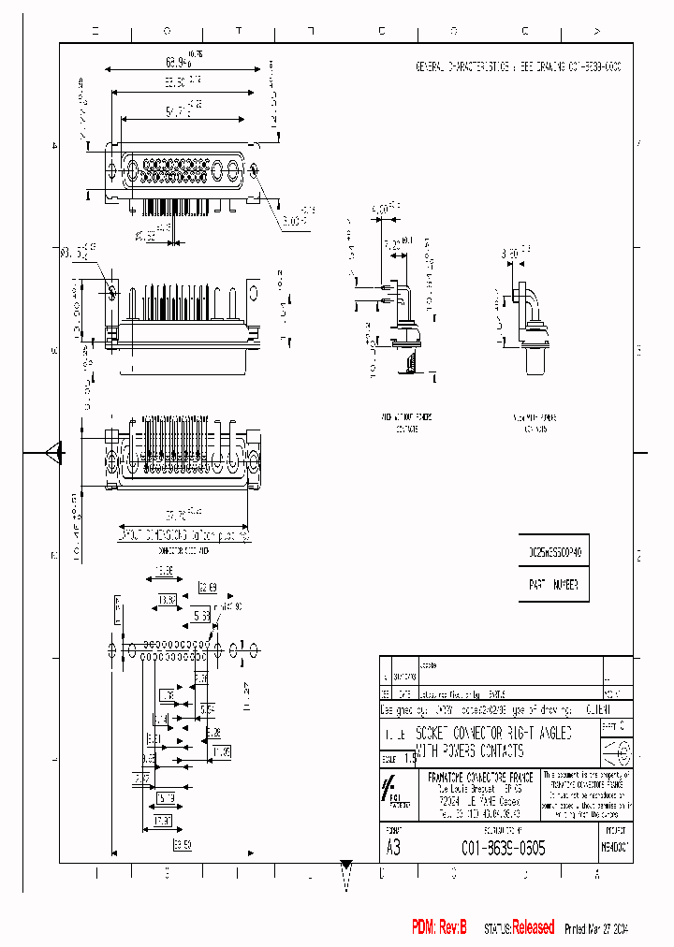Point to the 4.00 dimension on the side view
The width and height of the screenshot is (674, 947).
click(382, 209)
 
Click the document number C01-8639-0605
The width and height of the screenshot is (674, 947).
click(503, 848)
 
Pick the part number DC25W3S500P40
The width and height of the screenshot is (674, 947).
click(553, 554)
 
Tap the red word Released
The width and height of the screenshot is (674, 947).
click(531, 927)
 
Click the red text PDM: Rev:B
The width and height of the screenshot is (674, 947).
click(439, 927)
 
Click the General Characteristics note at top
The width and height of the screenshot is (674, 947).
click(519, 68)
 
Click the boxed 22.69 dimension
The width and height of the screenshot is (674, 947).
click(208, 588)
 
